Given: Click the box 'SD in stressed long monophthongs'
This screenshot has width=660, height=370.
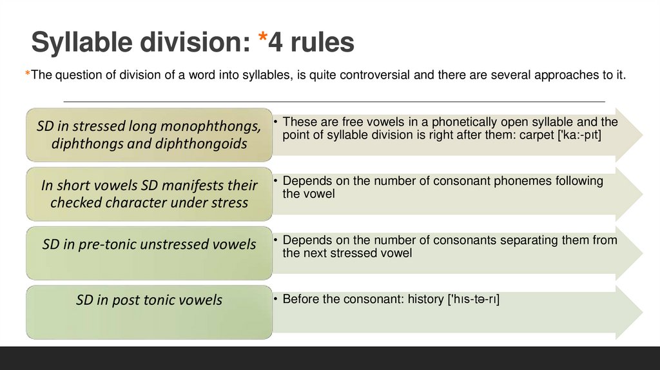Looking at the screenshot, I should (149, 135).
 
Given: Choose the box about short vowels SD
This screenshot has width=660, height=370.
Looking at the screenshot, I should (149, 194).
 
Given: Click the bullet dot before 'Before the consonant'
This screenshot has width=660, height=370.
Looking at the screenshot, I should (275, 300).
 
